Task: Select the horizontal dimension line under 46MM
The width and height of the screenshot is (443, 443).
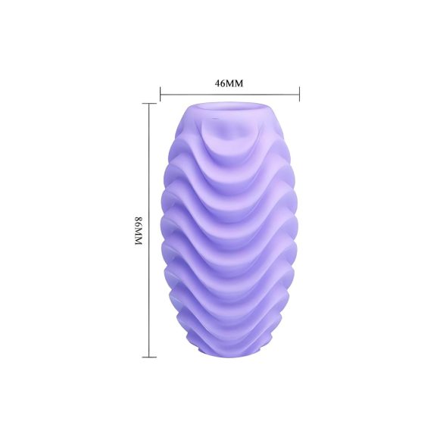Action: [229, 94]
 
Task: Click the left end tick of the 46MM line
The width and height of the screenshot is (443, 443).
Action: [161, 94]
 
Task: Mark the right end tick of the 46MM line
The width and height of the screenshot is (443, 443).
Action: [300, 94]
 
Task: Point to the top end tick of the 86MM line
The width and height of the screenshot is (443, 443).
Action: [149, 105]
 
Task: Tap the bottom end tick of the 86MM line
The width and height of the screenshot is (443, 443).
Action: [149, 356]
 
